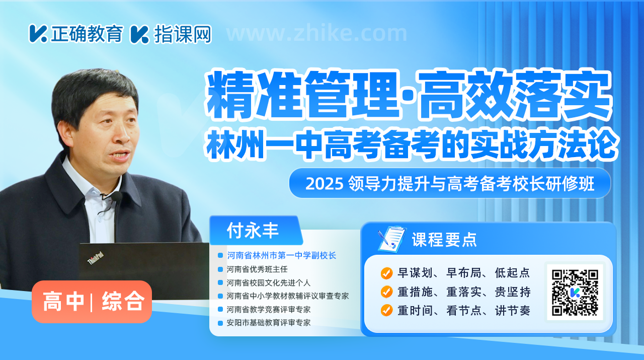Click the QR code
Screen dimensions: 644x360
click(575, 293)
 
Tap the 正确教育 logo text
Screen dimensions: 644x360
click(88, 33)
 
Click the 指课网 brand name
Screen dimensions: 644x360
click(183, 34)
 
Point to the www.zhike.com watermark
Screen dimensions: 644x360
click(316, 33)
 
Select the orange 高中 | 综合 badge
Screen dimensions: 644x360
click(92, 302)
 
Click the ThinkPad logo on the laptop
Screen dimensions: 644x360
click(96, 258)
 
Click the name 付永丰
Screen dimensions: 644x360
click(253, 231)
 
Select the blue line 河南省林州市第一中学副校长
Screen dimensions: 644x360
click(281, 256)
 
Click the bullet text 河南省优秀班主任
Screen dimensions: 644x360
click(257, 269)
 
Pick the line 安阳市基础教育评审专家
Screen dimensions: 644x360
click(269, 323)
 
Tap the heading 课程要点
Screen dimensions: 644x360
click(444, 240)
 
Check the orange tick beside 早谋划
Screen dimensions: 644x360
click(387, 273)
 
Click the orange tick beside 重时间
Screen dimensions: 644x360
click(387, 311)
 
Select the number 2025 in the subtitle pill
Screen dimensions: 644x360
click(325, 184)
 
